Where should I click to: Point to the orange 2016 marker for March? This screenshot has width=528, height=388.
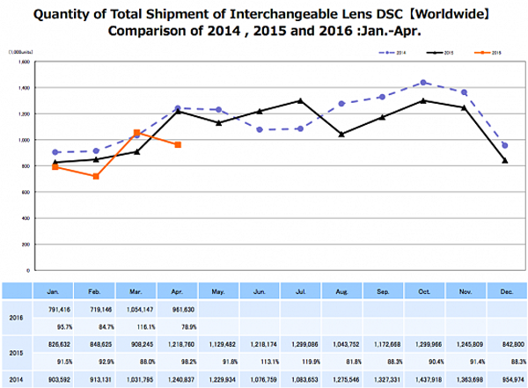(x=136, y=133)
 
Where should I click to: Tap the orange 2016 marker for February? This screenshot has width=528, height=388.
(x=96, y=176)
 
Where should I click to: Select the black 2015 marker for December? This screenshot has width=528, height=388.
(x=504, y=160)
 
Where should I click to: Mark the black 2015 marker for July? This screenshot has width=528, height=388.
(x=301, y=100)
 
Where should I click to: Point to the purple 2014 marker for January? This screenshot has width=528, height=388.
(x=55, y=152)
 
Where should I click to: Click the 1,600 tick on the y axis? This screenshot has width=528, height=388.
(x=25, y=62)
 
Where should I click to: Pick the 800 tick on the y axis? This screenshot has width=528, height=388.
(x=26, y=165)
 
